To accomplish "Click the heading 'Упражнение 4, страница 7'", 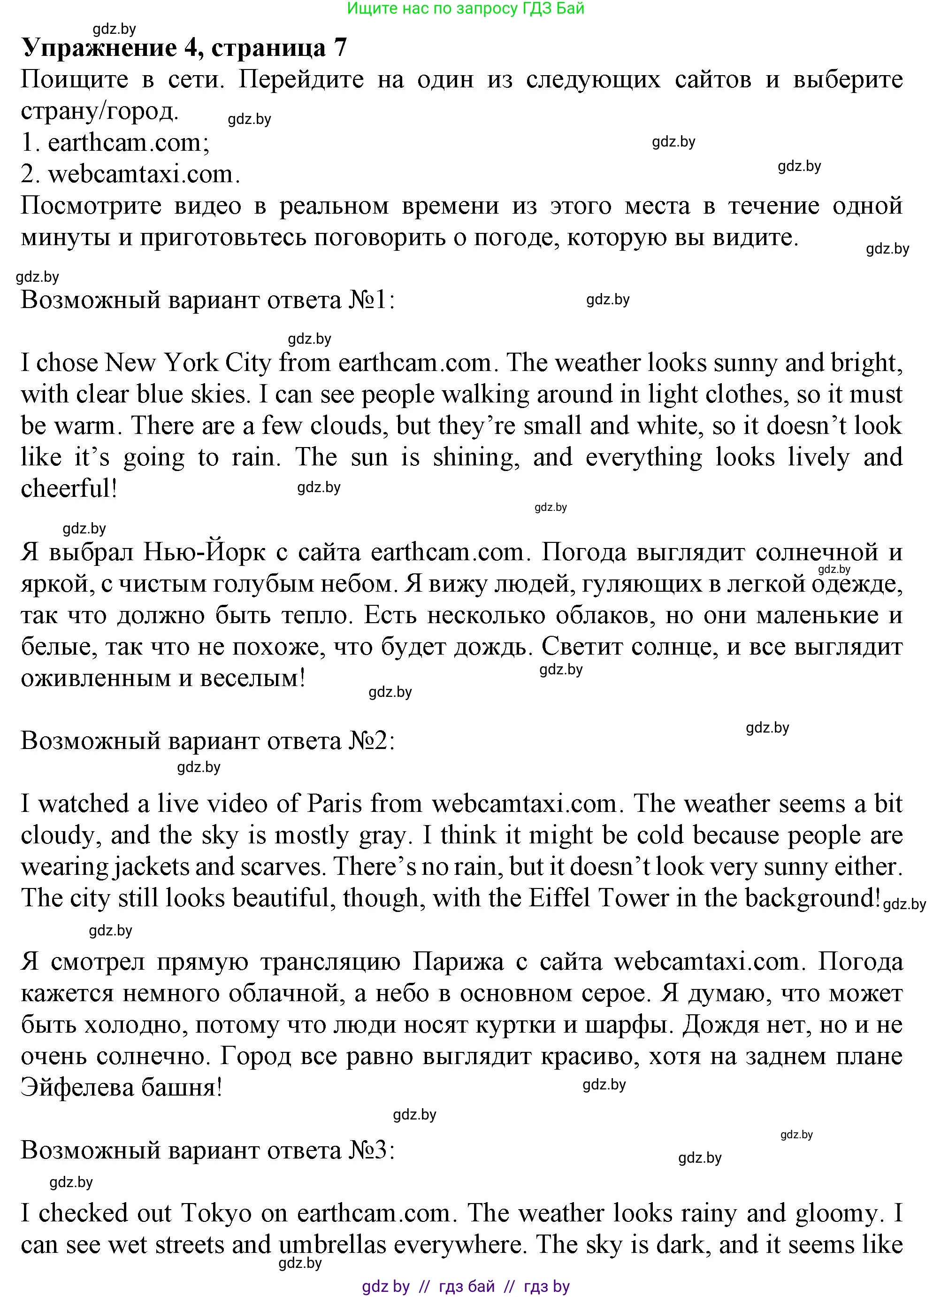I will [x=184, y=48].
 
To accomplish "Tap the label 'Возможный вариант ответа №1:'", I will [x=207, y=300].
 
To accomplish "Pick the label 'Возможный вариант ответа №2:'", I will [x=207, y=741].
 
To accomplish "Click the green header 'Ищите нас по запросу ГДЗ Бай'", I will [x=466, y=8].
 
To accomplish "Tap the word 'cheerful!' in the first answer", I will [x=69, y=489].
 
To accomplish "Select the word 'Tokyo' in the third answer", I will [x=217, y=1213].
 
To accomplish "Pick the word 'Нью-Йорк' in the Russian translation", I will [x=204, y=552].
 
